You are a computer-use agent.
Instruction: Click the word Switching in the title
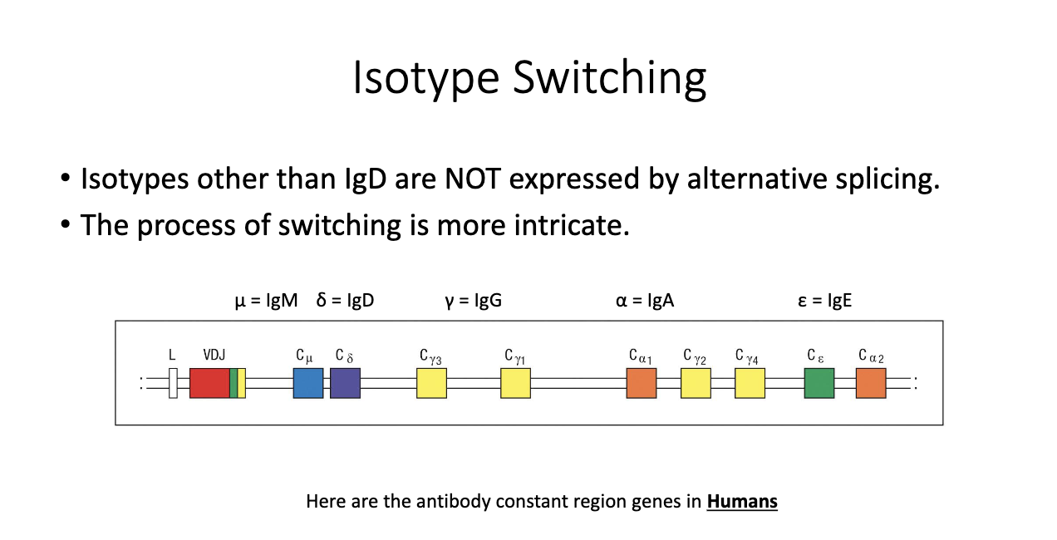point(609,78)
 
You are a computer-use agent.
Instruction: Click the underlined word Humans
point(742,502)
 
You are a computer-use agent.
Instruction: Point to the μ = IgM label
point(266,301)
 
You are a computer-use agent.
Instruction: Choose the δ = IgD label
point(345,301)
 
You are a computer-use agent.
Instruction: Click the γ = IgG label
point(473,301)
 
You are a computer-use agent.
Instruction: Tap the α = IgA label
point(645,301)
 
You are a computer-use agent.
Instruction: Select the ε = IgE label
point(824,301)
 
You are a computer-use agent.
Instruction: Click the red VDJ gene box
point(209,383)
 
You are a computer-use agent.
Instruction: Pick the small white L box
point(173,383)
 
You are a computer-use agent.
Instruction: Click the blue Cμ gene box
point(307,383)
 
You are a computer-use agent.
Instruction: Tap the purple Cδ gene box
point(345,383)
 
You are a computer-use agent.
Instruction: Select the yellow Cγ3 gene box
point(431,383)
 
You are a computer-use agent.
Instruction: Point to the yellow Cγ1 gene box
point(515,383)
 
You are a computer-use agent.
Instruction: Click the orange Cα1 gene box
point(642,383)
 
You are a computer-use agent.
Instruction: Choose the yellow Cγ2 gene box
point(696,383)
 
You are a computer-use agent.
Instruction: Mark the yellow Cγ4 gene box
point(750,383)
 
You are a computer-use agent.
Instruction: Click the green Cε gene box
point(819,383)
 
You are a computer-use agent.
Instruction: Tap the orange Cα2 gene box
point(871,383)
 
